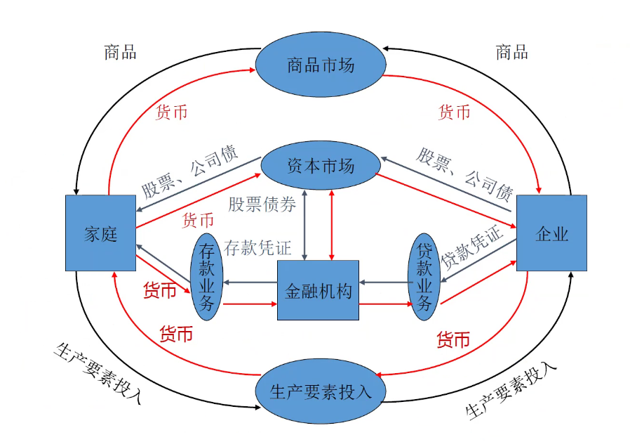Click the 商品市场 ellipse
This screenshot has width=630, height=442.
coord(320,65)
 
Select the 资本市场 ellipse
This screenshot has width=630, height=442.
coord(321,167)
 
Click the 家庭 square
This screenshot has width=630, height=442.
coord(100,233)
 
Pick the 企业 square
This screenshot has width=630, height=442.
coord(551,233)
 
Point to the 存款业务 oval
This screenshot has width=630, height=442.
coord(207,277)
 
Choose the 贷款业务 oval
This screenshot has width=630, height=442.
coord(424,277)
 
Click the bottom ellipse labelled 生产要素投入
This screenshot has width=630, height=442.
coord(320,391)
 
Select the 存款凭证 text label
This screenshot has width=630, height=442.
coord(257,247)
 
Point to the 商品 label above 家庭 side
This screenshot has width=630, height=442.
coord(120,52)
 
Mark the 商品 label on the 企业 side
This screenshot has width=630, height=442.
coord(511,52)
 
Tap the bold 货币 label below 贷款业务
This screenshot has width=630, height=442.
coord(453,340)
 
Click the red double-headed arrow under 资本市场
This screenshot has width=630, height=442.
coord(332,224)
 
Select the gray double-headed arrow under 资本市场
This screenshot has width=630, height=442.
coord(304,224)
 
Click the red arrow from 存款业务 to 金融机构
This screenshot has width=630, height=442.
coord(250,304)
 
